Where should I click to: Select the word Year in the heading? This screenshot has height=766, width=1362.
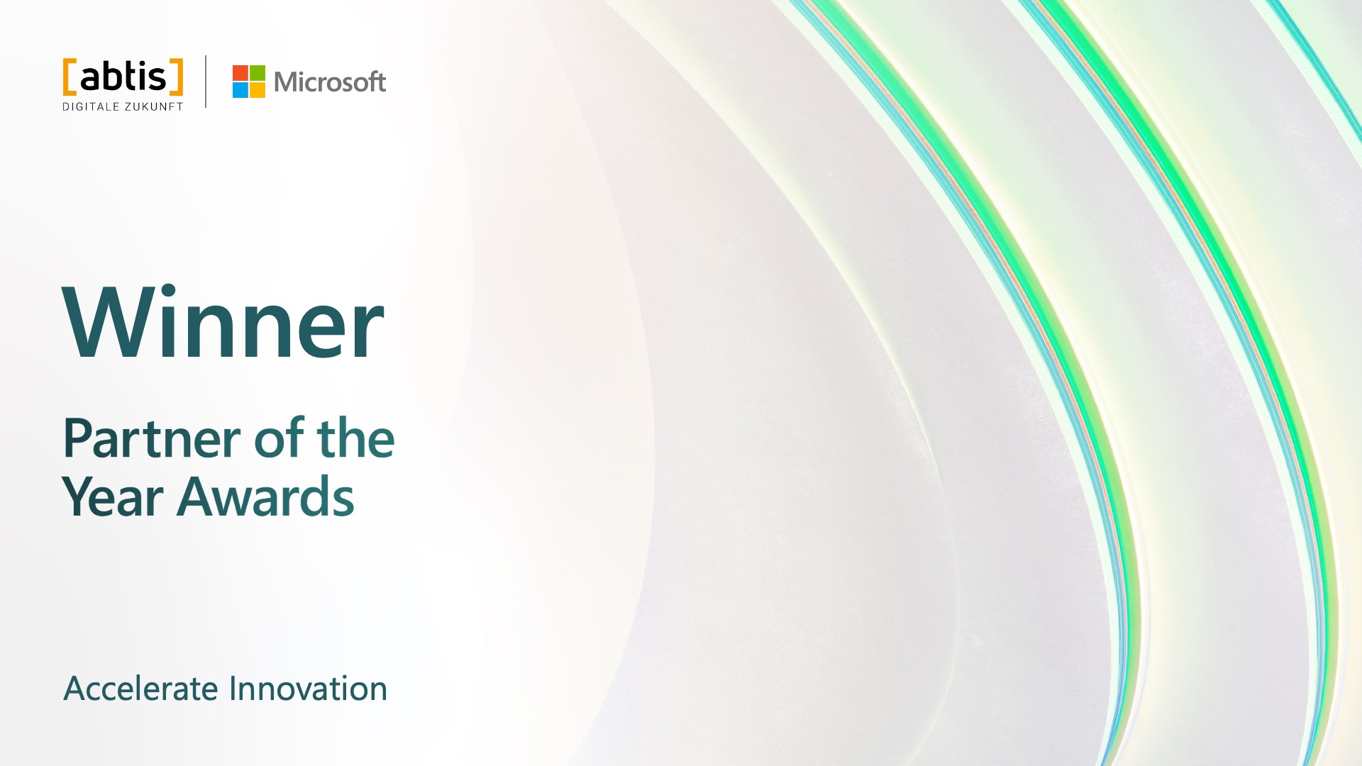(x=113, y=497)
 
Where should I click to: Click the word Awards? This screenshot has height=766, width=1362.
(x=265, y=497)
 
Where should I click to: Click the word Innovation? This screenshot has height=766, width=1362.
(x=308, y=689)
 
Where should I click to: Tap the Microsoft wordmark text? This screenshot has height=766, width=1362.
(x=330, y=82)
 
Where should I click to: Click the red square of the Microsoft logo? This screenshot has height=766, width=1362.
(x=240, y=73)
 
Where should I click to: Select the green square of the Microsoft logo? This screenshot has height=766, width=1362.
(x=258, y=73)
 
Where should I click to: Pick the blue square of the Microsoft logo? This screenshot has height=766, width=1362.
(x=240, y=90)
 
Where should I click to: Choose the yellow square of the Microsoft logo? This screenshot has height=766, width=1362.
(x=258, y=90)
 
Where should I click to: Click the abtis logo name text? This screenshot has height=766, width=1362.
(x=123, y=77)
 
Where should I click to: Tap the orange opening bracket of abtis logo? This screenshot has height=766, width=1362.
(x=69, y=77)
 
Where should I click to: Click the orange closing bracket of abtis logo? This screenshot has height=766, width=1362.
(x=177, y=77)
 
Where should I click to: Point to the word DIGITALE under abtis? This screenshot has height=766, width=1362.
(x=91, y=107)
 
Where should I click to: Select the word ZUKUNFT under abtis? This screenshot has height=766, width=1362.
(x=154, y=107)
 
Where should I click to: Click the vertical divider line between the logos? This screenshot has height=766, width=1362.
(x=206, y=82)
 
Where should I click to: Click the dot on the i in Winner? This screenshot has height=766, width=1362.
(x=167, y=290)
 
